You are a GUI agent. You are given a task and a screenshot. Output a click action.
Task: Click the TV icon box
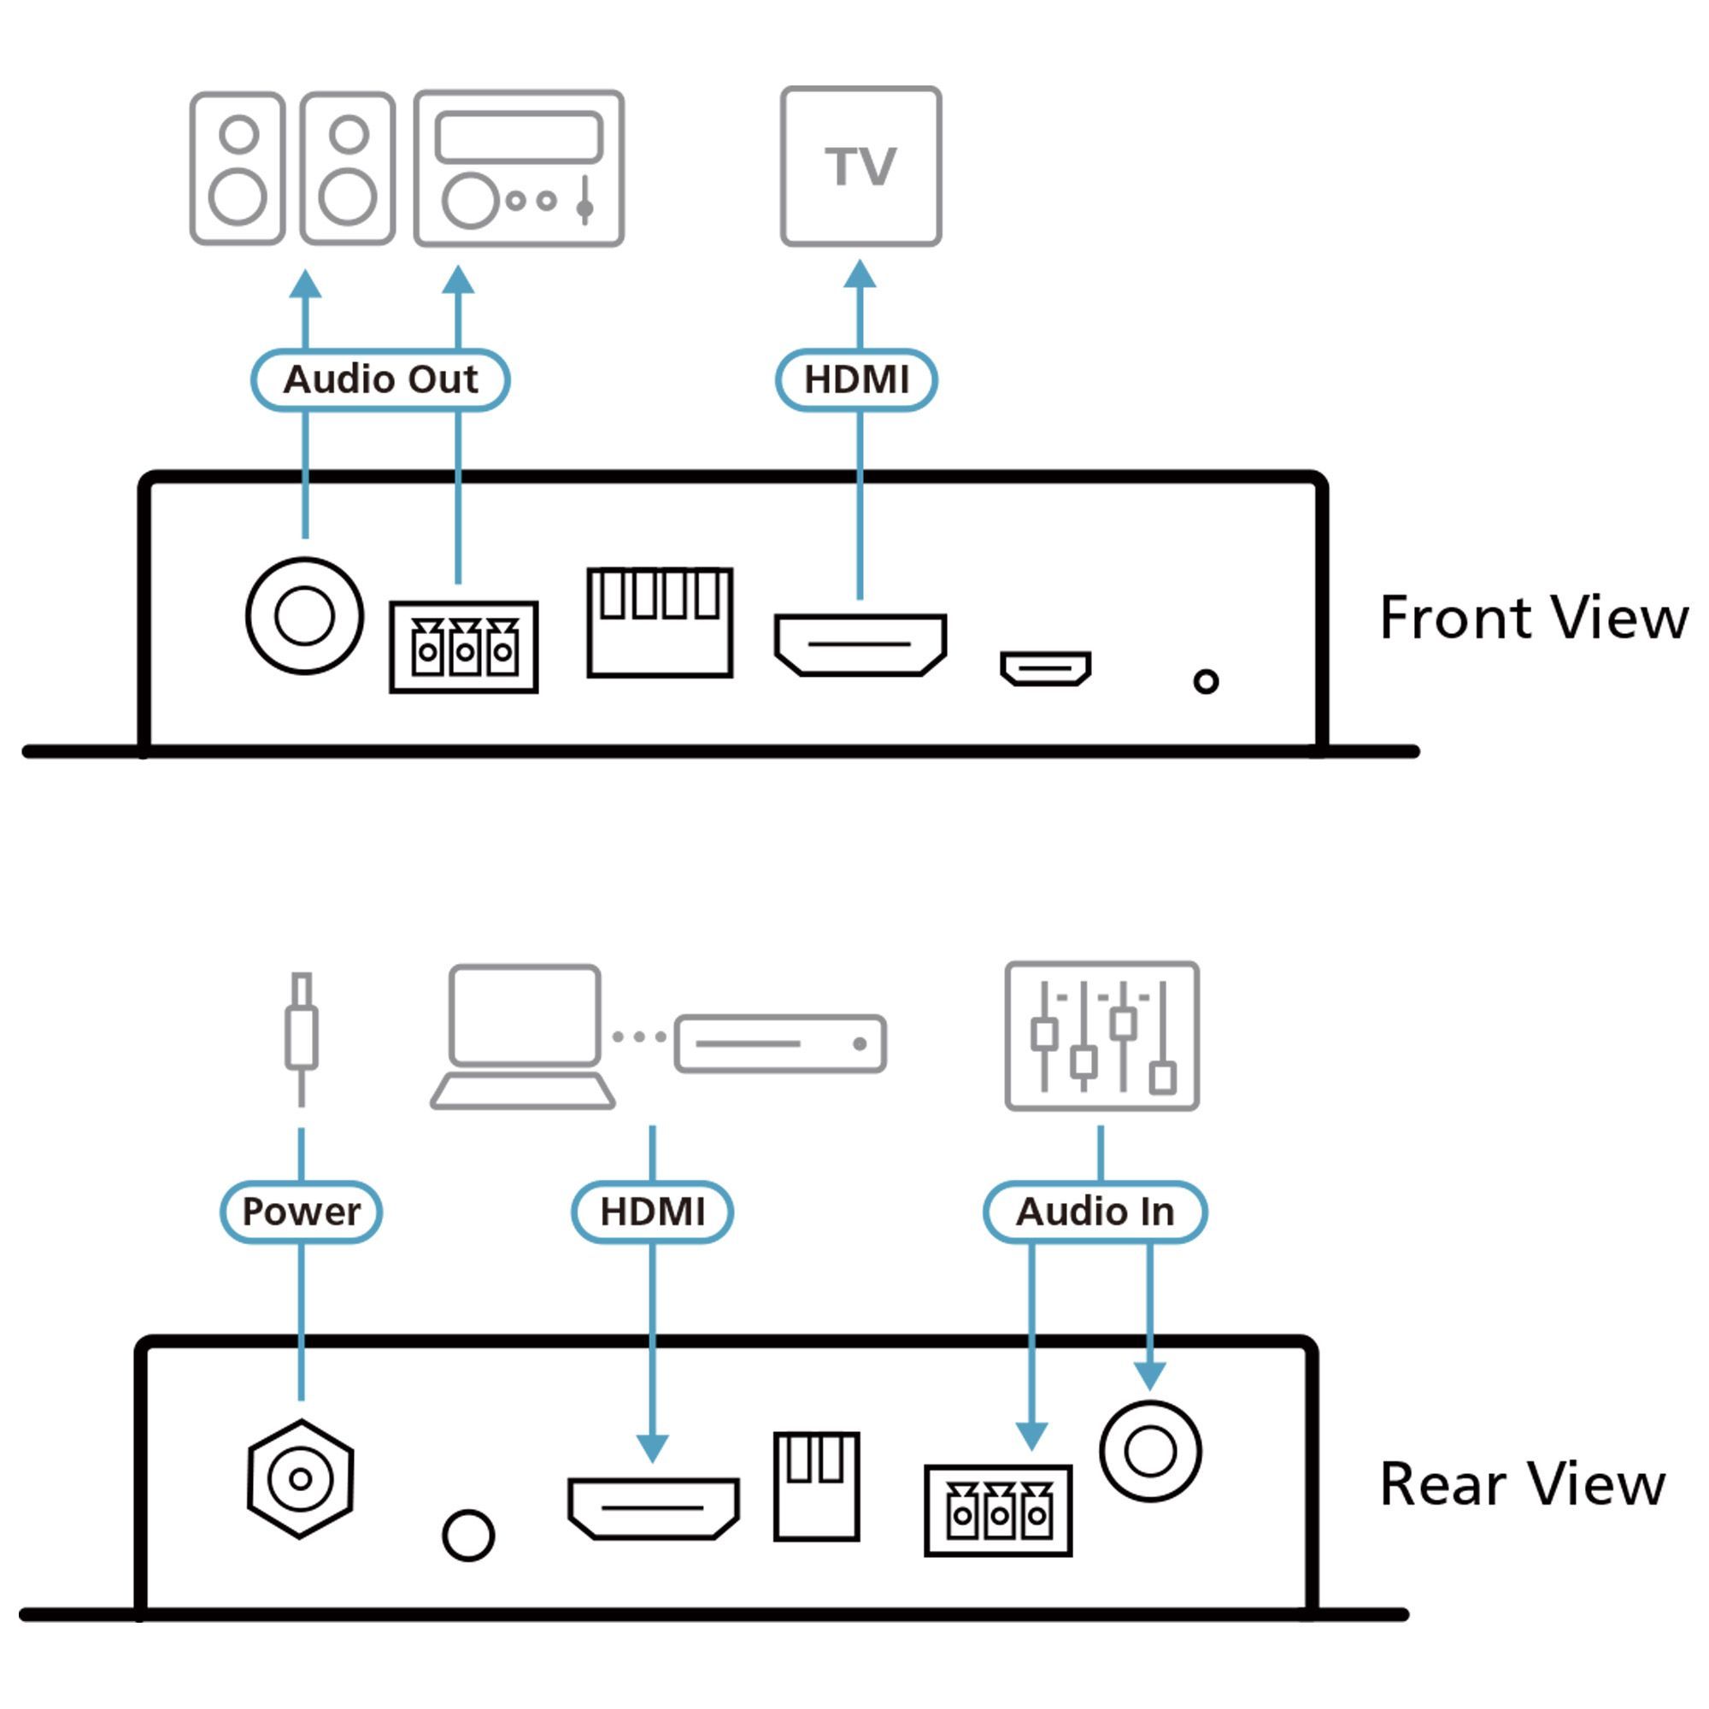tap(860, 167)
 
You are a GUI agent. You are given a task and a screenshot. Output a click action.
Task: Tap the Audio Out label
tap(380, 379)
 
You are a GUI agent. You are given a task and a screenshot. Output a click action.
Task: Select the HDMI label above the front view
tap(856, 379)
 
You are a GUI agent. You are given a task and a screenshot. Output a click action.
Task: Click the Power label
tap(301, 1211)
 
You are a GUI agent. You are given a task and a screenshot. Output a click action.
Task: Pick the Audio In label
tap(1095, 1211)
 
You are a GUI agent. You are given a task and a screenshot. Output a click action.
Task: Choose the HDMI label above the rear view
tap(652, 1211)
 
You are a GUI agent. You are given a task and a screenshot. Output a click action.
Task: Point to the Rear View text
tap(1523, 1483)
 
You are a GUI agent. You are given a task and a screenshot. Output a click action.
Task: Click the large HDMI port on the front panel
tap(860, 645)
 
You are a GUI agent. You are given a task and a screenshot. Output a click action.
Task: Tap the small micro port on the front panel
tap(1045, 668)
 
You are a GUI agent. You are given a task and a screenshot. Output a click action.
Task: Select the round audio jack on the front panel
tap(304, 615)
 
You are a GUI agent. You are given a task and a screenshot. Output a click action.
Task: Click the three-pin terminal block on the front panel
tap(463, 648)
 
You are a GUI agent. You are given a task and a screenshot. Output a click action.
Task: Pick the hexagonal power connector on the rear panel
tap(301, 1478)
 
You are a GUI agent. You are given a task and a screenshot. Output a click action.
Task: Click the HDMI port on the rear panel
tap(653, 1508)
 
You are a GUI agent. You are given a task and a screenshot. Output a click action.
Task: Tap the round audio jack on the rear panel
tap(1150, 1452)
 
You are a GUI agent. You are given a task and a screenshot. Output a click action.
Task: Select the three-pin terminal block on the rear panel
tap(998, 1510)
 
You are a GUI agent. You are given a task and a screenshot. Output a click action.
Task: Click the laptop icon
tap(524, 1037)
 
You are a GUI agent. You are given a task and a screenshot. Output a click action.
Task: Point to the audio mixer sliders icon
tap(1101, 1036)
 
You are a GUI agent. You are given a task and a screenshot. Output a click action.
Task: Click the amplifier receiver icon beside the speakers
tap(520, 168)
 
